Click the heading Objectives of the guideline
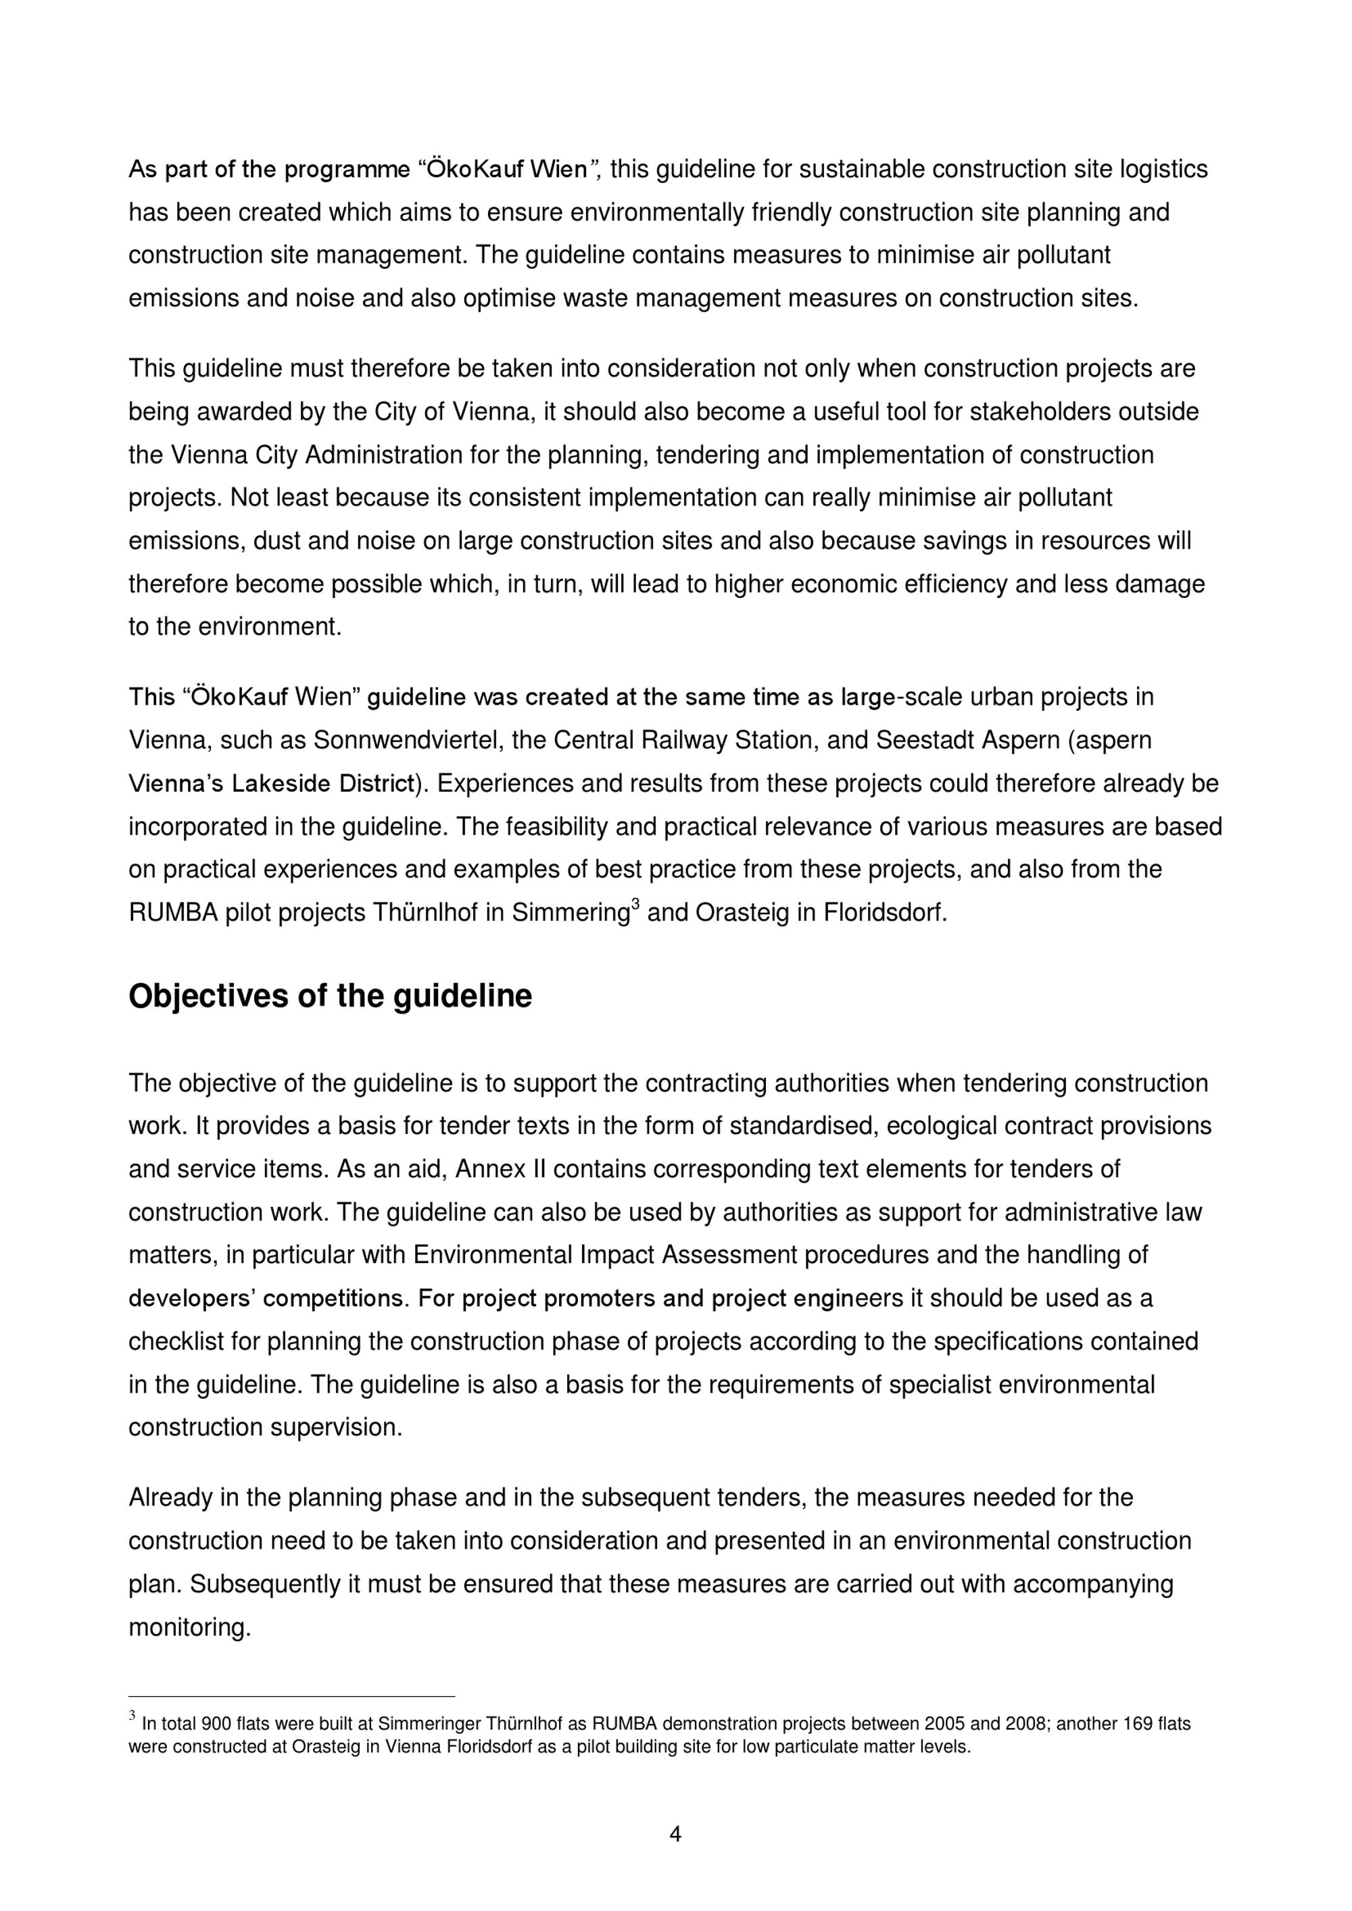coord(330,996)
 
